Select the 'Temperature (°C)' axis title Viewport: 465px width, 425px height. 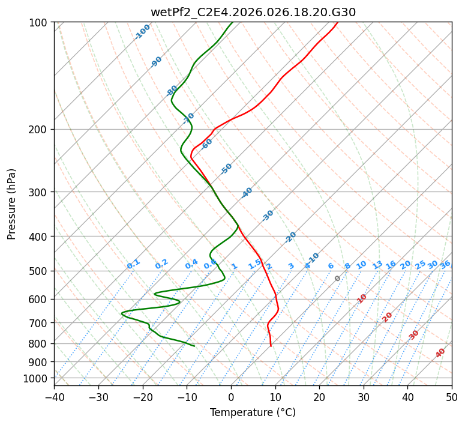coord(253,412)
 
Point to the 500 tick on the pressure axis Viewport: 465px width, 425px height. coord(39,271)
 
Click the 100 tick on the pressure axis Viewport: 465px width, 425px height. coord(39,22)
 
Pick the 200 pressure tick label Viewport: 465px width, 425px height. coord(39,129)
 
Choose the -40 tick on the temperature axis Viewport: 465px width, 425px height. coord(54,397)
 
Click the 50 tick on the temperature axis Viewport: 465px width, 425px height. coord(452,397)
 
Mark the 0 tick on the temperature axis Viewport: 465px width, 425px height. coord(231,397)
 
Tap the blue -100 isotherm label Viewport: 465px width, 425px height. coord(142,32)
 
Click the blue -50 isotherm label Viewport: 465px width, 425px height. coord(226,169)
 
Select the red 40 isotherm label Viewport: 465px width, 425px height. coord(440,353)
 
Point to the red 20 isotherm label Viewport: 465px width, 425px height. coord(388,317)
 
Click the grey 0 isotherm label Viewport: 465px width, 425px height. coord(338,279)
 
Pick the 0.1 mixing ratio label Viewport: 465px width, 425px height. coord(133,264)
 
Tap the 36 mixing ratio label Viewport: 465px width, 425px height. coord(445,264)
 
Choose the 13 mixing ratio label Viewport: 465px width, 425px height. coord(377,265)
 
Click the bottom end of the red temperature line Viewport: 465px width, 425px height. coord(271,346)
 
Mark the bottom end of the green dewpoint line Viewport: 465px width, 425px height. coord(194,346)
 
